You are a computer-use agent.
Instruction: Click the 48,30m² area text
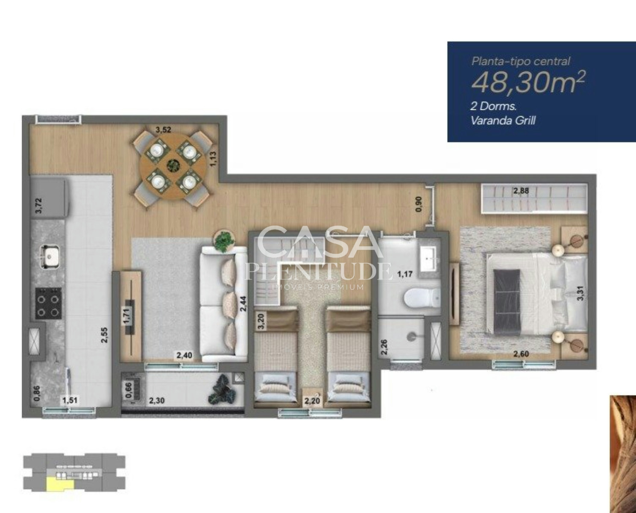pos(528,83)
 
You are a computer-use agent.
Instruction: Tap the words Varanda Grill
pos(503,121)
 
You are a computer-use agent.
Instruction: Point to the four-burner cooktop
pos(48,303)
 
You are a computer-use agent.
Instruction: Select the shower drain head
pos(411,337)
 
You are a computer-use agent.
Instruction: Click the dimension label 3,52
pos(164,130)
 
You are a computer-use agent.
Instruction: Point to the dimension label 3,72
pos(39,205)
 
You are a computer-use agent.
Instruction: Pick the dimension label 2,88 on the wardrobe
pos(521,191)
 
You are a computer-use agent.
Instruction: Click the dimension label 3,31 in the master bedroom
pos(580,293)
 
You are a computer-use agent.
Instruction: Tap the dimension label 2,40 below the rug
pos(185,355)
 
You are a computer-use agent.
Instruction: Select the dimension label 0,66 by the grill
pos(129,390)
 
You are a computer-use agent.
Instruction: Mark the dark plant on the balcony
pos(222,390)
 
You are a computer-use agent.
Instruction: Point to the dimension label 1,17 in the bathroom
pos(405,274)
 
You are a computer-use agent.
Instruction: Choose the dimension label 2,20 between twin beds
pos(312,401)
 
